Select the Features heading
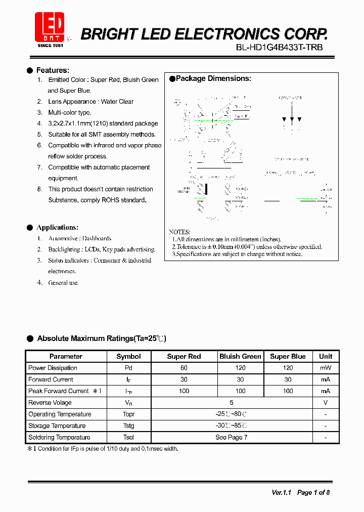pyautogui.click(x=53, y=70)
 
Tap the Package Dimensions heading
pyautogui.click(x=213, y=78)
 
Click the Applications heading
pyautogui.click(x=57, y=228)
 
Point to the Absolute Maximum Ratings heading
pyautogui.click(x=101, y=338)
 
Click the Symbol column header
pyautogui.click(x=128, y=356)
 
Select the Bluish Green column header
pyautogui.click(x=240, y=356)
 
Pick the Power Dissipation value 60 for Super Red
pyautogui.click(x=184, y=368)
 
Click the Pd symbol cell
pyautogui.click(x=128, y=368)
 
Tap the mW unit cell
pyautogui.click(x=326, y=368)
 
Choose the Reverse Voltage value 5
pyautogui.click(x=231, y=403)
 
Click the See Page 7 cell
pyautogui.click(x=231, y=437)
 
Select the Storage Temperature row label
pyautogui.click(x=57, y=426)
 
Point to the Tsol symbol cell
pyautogui.click(x=128, y=437)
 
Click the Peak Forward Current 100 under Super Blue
pyautogui.click(x=288, y=391)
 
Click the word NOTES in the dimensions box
pyautogui.click(x=179, y=231)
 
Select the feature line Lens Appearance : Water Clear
pyautogui.click(x=90, y=102)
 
